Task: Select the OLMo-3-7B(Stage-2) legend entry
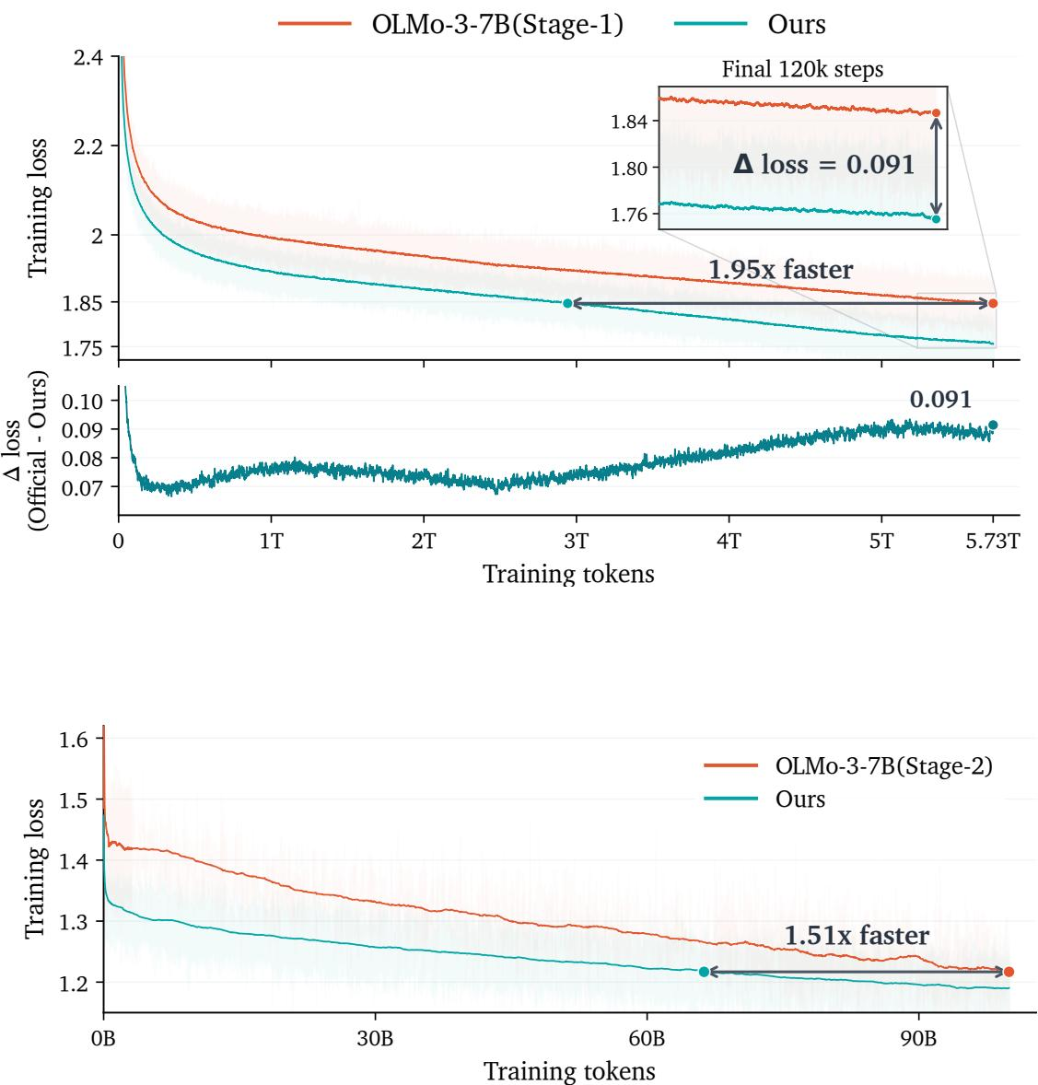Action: click(x=848, y=766)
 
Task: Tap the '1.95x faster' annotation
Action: click(x=781, y=269)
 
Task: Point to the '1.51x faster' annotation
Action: click(x=857, y=936)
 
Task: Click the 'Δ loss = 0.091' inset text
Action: click(x=824, y=164)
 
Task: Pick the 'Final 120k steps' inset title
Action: click(x=803, y=69)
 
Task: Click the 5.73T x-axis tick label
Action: click(x=992, y=541)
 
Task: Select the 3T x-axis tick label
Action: click(x=576, y=541)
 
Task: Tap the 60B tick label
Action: click(x=647, y=1039)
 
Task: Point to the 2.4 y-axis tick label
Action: click(x=87, y=57)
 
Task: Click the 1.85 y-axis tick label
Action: click(x=82, y=303)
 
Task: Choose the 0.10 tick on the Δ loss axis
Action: click(x=82, y=402)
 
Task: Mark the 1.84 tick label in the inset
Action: click(x=629, y=122)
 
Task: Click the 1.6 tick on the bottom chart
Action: click(x=74, y=740)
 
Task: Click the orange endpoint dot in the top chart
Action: click(x=993, y=303)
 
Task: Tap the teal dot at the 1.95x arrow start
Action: click(x=567, y=303)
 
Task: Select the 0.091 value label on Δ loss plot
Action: click(x=940, y=399)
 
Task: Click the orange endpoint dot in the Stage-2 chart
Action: click(x=1009, y=973)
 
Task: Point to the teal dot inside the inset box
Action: click(x=937, y=219)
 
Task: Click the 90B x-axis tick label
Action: click(x=918, y=1039)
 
